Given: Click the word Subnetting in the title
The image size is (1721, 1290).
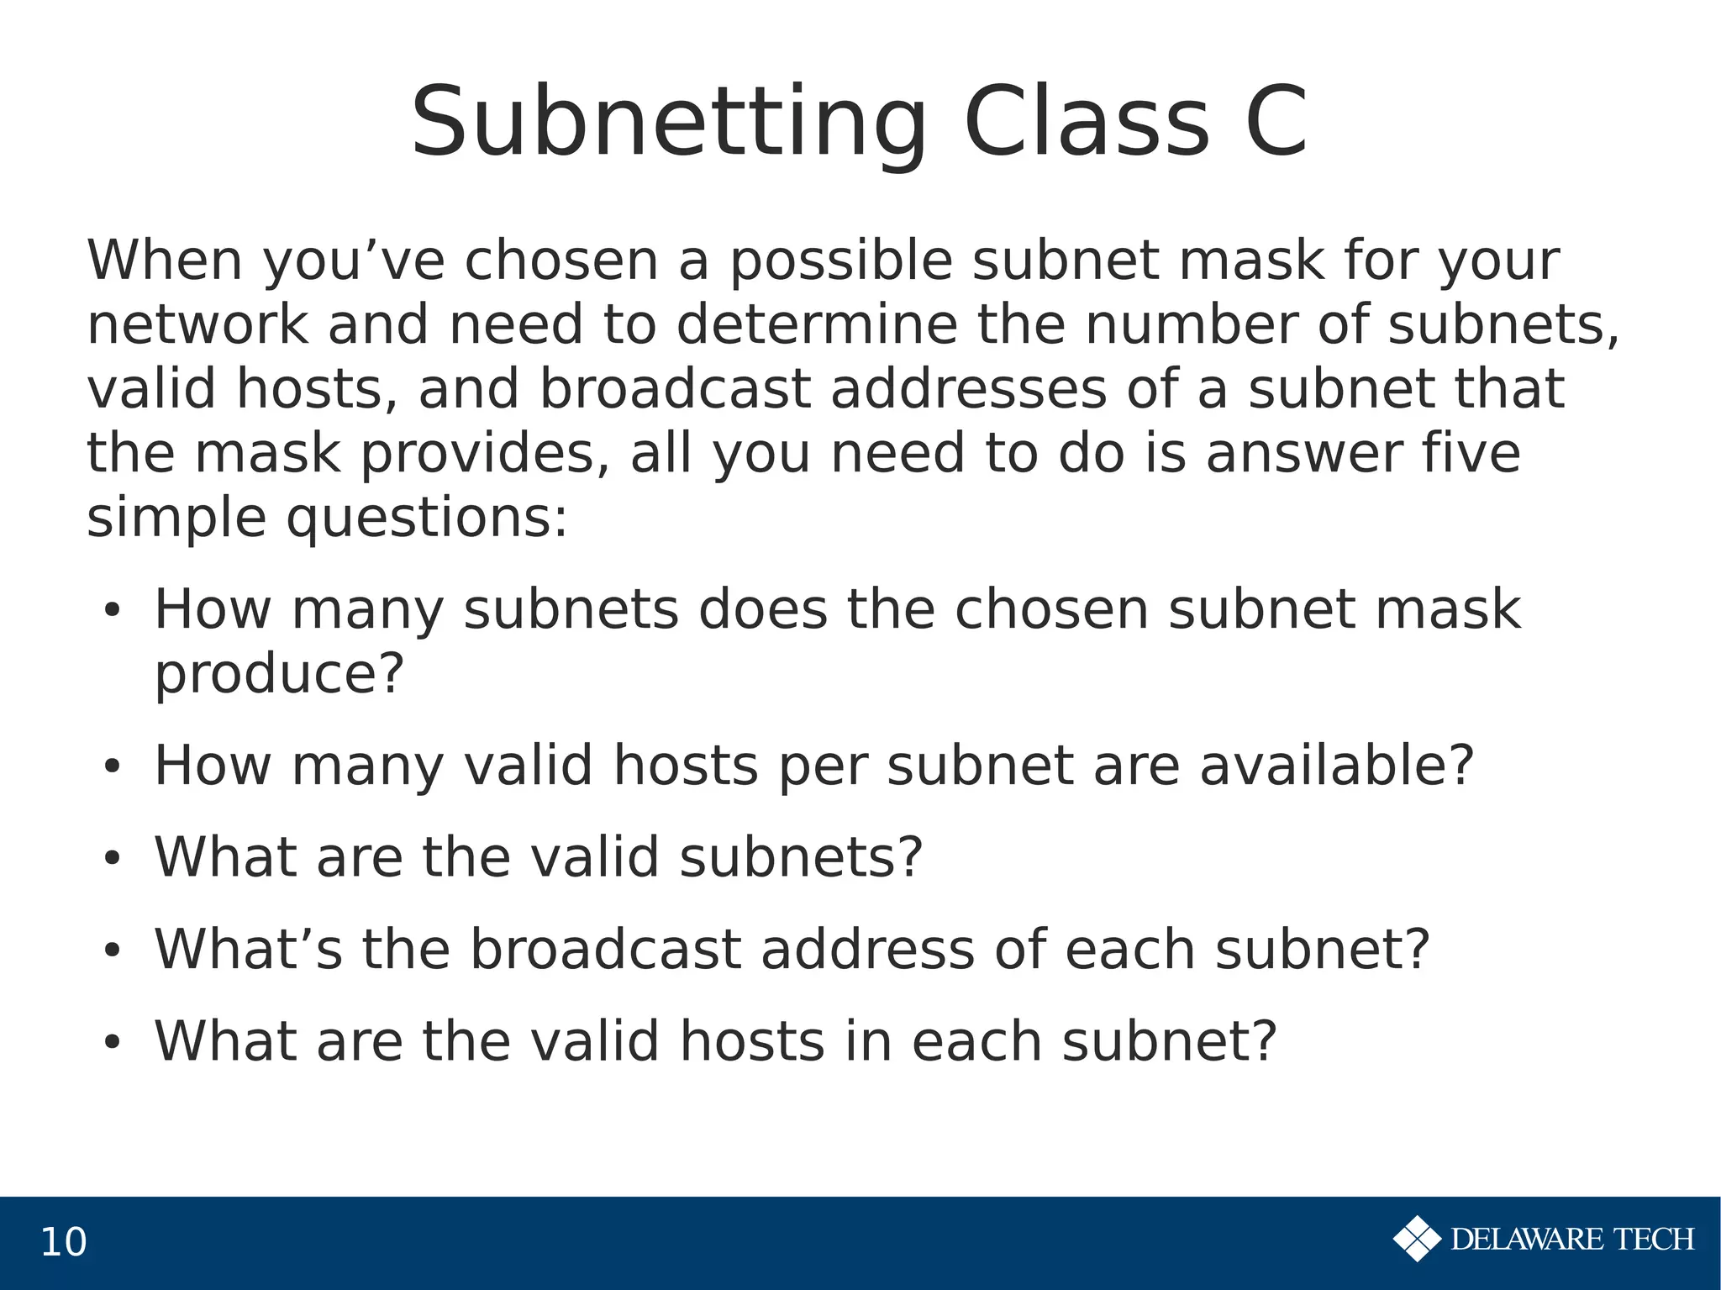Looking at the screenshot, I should click(x=668, y=124).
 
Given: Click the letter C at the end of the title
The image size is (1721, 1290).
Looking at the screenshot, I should click(x=1276, y=123).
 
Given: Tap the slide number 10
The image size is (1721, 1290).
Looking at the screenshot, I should click(x=63, y=1242).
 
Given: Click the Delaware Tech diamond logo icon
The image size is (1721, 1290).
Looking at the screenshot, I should click(x=1417, y=1239).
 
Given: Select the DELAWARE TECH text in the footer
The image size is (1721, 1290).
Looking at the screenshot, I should click(x=1572, y=1240).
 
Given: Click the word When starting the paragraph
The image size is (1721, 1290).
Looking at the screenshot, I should click(x=165, y=261).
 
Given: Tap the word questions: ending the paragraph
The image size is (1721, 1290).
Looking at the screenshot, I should click(x=427, y=519).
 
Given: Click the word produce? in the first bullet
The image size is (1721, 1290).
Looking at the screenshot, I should click(x=280, y=674).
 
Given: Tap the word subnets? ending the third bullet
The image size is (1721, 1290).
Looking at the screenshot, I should click(x=801, y=857).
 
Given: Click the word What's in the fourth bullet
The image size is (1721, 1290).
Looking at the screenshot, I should click(x=248, y=949).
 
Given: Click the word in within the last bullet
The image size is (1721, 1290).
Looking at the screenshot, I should click(x=868, y=1041).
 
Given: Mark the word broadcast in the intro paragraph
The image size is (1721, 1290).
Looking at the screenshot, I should click(x=675, y=389).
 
